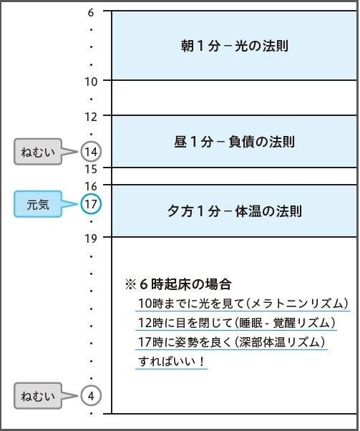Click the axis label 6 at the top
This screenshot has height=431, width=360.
point(91,11)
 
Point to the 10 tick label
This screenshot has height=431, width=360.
point(91,81)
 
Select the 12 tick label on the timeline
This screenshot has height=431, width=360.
point(91,116)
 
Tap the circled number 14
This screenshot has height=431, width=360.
point(91,152)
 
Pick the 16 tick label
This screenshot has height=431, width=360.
point(91,186)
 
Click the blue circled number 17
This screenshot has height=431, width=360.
point(91,205)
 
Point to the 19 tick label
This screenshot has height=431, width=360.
point(91,238)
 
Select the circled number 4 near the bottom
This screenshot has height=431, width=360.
point(91,395)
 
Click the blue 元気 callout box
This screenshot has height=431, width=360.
point(39,205)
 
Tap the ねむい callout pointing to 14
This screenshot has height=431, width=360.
point(39,152)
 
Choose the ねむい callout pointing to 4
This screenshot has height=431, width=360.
point(39,395)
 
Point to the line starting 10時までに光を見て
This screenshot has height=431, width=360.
point(243,304)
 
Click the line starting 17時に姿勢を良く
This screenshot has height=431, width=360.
point(232,342)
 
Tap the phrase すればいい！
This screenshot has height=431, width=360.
point(172,362)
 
